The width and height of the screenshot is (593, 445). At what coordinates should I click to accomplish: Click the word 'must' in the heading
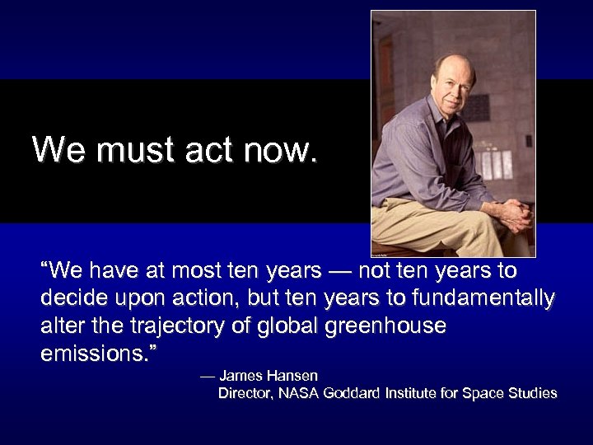click(127, 150)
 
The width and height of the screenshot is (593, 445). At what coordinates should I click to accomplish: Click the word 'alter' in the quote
click(58, 326)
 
